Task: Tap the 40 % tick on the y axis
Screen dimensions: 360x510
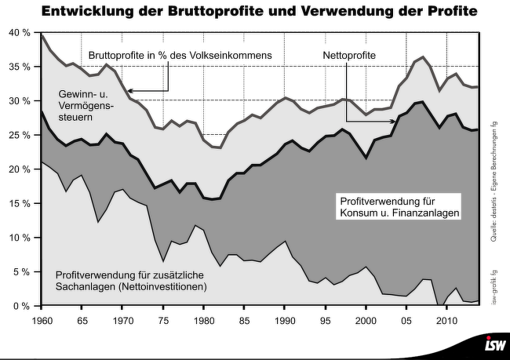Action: point(20,33)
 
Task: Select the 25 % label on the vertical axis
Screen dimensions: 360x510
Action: point(20,135)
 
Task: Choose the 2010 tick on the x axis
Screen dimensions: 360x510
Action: point(446,322)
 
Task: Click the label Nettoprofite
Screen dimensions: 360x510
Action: point(349,56)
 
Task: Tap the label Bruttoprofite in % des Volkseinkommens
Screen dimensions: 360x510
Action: point(180,56)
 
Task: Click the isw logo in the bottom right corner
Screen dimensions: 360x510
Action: point(494,346)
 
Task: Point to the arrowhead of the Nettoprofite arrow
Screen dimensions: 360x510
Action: point(370,122)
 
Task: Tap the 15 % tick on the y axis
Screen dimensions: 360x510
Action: point(20,203)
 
